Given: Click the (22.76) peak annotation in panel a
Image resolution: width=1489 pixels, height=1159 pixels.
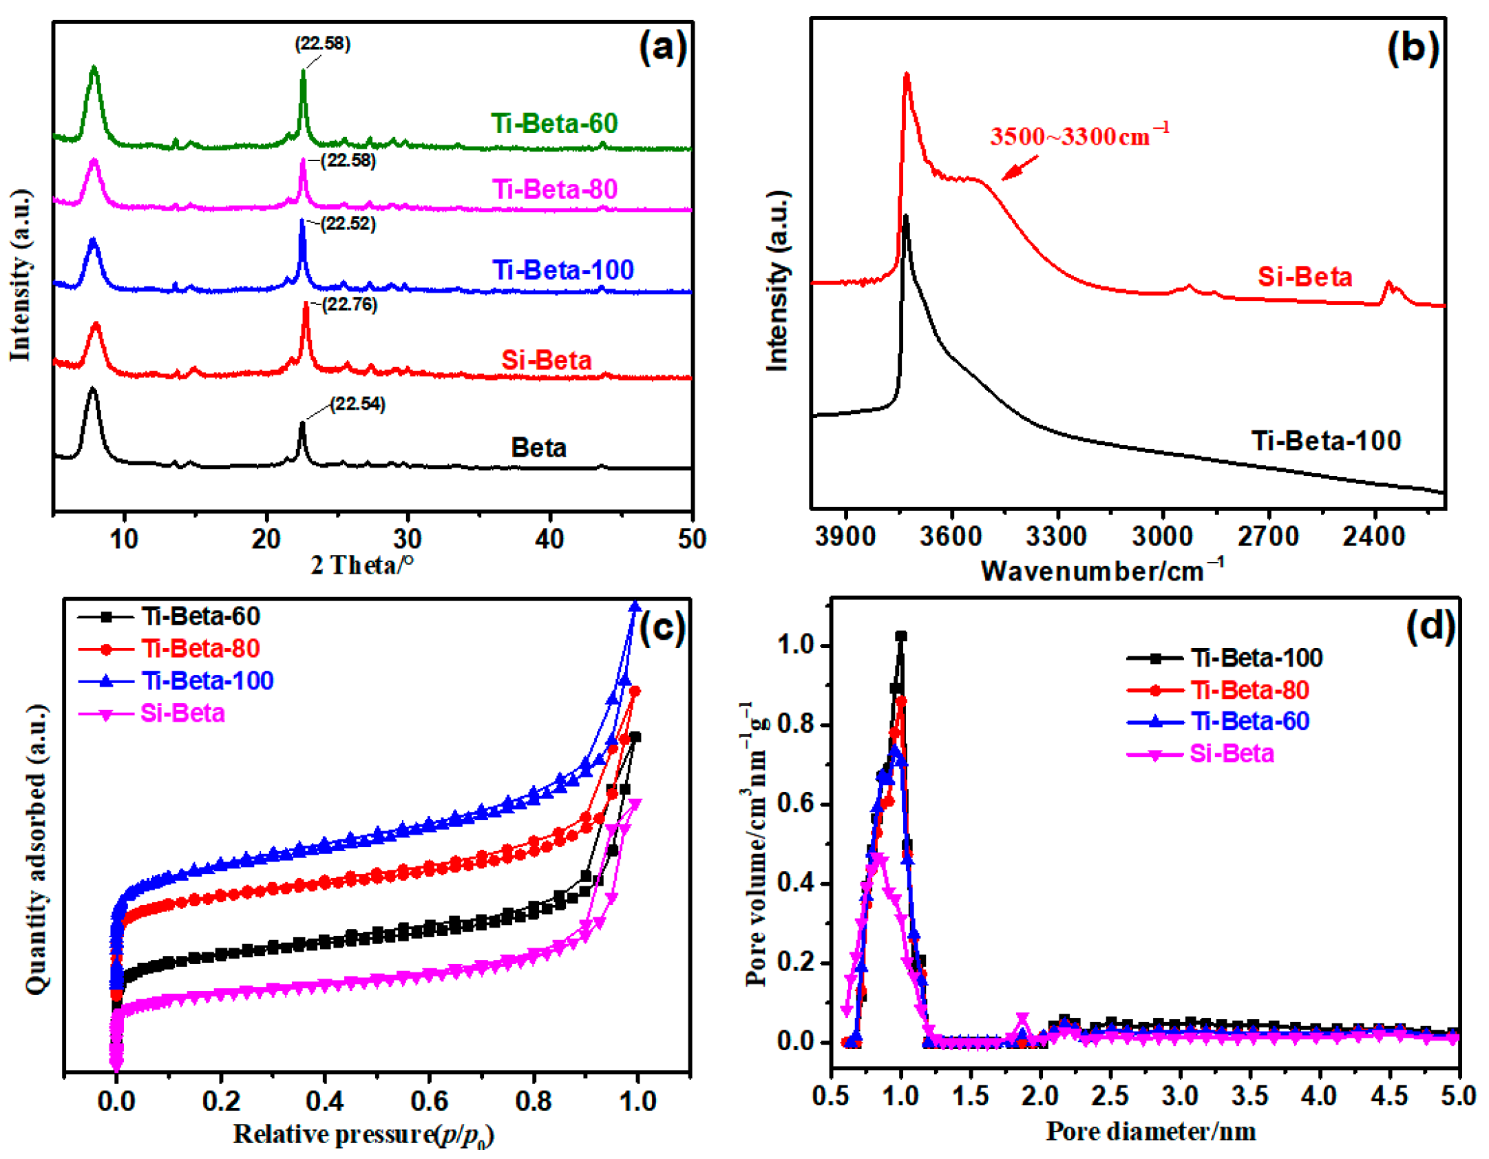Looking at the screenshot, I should click(350, 304).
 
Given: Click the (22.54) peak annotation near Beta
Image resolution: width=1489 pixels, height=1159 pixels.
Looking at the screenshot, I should click(357, 404).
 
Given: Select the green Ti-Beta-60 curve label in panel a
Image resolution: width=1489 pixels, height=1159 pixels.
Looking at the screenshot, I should click(553, 123).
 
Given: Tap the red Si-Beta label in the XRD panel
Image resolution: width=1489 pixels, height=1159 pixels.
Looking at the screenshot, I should click(546, 360).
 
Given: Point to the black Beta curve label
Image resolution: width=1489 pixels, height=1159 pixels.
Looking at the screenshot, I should click(538, 448).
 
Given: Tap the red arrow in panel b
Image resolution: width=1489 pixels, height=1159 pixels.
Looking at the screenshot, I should click(1020, 167).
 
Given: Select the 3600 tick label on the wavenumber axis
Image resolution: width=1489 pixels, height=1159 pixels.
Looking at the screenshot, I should click(950, 536).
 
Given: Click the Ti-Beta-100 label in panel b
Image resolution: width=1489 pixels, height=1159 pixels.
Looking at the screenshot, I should click(1325, 440).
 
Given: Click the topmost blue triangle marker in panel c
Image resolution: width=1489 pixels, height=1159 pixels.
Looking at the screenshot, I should click(635, 607).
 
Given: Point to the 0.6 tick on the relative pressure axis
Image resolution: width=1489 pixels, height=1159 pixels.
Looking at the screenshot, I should click(429, 1100).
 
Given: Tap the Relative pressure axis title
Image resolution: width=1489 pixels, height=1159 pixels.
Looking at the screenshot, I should click(363, 1134).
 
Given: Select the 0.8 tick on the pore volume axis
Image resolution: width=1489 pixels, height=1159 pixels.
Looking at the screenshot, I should click(795, 724).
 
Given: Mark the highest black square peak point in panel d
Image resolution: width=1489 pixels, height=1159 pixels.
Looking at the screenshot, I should click(900, 636).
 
